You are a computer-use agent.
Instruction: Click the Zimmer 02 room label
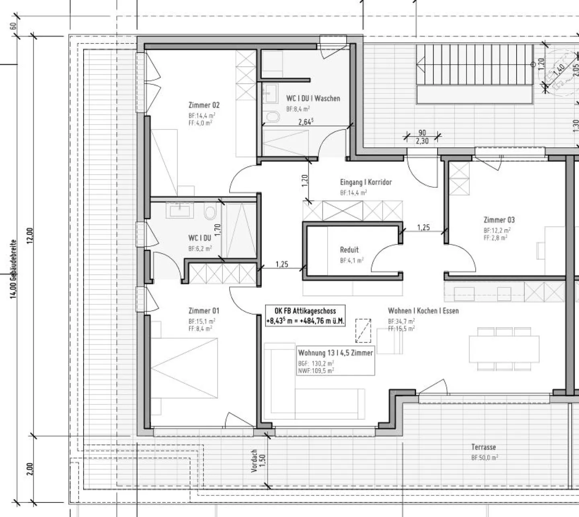coord(204,105)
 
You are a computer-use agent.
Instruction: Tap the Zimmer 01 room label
coord(204,311)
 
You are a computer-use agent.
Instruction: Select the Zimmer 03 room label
coord(499,220)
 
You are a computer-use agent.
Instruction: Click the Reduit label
coord(349,250)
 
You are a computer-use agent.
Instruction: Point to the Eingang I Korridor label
coord(365,183)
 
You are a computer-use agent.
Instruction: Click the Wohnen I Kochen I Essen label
coord(423,311)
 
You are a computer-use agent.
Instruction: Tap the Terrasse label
coord(483,447)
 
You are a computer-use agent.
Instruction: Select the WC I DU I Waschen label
coord(313,98)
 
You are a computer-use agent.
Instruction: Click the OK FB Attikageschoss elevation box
coord(305,316)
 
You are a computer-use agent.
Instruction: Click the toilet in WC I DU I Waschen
coord(273,117)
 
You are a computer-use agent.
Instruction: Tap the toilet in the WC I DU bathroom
coord(209,212)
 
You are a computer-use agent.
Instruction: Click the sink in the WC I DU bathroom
coord(179,209)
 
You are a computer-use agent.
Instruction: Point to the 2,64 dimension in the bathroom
coord(306,122)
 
